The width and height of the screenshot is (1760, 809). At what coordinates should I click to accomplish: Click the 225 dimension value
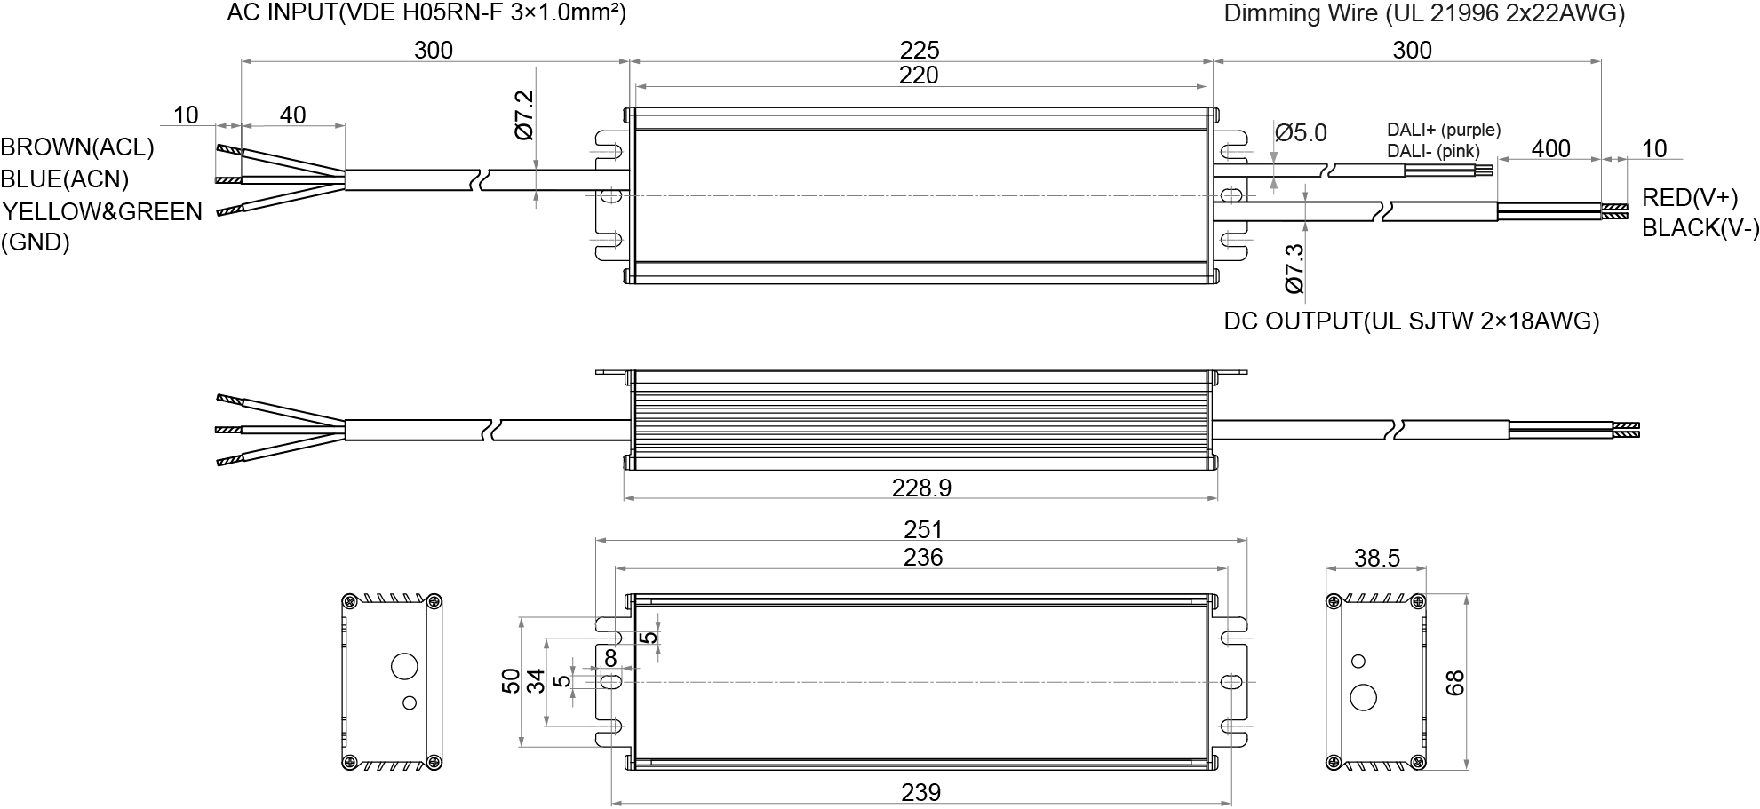pos(919,50)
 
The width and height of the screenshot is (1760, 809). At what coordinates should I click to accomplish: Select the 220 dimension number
pos(919,75)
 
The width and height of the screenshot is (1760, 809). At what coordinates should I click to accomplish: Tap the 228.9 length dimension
pos(921,488)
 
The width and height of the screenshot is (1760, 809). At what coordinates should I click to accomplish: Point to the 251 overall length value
pos(922,529)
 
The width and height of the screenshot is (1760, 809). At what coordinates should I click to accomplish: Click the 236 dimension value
pos(922,557)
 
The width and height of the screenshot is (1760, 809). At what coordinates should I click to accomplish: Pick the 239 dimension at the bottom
pos(920,792)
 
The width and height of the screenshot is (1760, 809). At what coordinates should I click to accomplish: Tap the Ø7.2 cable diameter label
pos(524,115)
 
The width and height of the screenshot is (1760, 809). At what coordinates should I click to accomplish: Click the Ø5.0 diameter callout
pos(1301,133)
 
